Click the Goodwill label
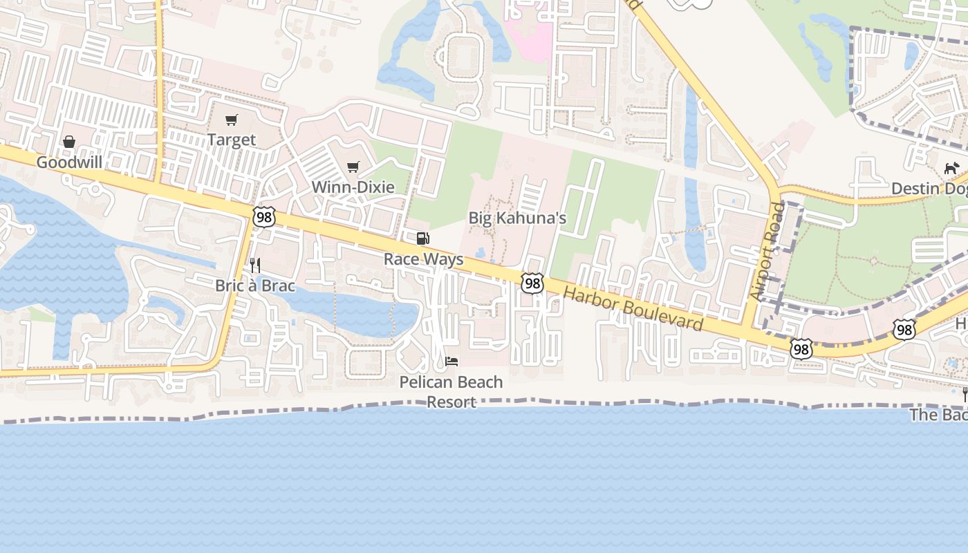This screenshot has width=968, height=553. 69,162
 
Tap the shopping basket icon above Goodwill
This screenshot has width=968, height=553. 69,142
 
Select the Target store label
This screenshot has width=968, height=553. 232,140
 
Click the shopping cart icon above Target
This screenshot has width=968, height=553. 232,120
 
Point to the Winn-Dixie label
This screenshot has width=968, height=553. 353,187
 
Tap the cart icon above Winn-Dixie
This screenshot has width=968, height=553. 353,167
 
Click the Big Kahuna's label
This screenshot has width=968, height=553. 517,218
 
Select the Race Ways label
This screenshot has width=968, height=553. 423,259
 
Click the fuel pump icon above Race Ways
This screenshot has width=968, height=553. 422,239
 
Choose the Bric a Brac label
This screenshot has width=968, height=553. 255,285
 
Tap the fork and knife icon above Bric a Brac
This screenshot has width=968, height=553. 255,265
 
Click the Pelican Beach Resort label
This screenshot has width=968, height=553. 451,391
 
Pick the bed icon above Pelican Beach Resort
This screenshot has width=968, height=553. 452,362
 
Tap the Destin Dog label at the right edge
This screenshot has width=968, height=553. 929,188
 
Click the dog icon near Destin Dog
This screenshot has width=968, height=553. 952,168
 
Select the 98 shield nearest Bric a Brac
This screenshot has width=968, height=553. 264,217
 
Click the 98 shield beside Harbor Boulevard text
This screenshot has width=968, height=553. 532,283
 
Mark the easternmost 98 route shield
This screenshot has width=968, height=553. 904,329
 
